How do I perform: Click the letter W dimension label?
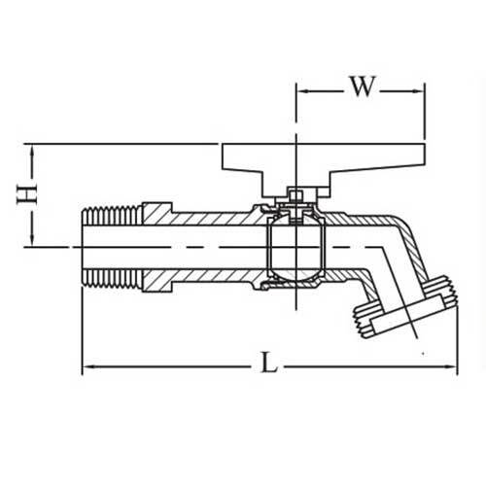pos(361,87)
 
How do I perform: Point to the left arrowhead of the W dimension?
pos(300,91)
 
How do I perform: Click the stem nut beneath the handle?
pos(295,201)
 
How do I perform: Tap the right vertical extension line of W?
pos(425,112)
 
